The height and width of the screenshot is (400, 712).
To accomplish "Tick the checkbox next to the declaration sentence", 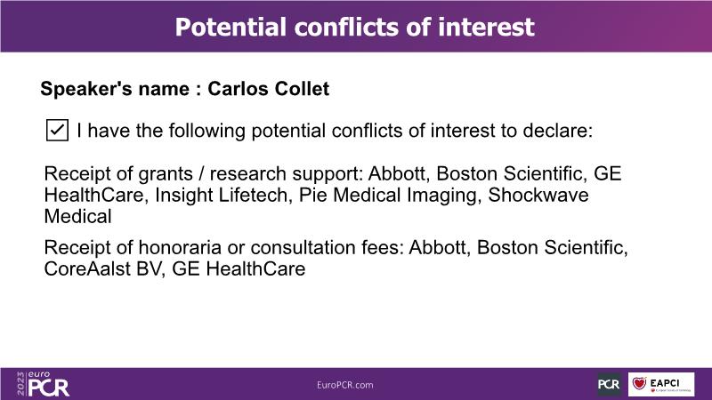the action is (x=57, y=130).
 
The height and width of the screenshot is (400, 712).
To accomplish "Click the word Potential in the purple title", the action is (x=231, y=27).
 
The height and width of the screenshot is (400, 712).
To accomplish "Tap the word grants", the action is (x=166, y=174).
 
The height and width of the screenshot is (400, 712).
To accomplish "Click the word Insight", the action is (x=184, y=196).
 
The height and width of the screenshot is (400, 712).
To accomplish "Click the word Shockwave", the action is (x=538, y=196).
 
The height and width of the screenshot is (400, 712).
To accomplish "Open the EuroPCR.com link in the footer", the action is (x=345, y=385).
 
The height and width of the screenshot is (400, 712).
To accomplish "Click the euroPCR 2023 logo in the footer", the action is (x=43, y=384).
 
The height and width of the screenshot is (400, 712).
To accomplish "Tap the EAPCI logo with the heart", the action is (x=661, y=384).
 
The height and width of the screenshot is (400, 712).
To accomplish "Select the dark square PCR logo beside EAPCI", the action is (x=609, y=384).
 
